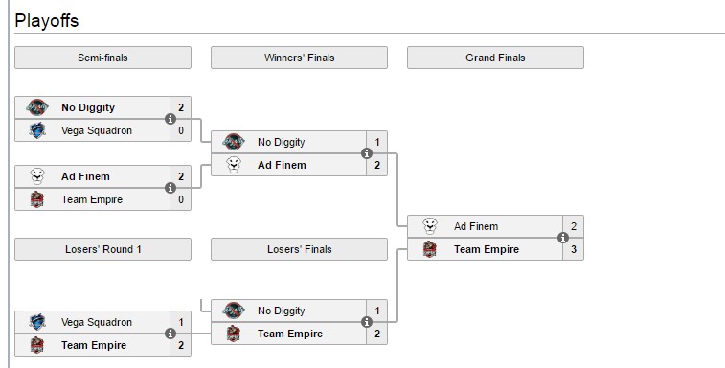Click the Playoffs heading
pos(47,20)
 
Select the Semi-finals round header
pos(102,57)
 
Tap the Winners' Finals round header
pos(299,57)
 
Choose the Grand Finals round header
pos(495,57)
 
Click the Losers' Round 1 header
pos(102,249)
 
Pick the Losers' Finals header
pos(299,249)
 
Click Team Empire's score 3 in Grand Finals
pos(573,249)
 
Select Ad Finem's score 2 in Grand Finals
pos(573,226)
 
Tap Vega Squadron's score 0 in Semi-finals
pos(180,130)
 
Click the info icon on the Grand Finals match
pos(563,238)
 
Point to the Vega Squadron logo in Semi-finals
pos(36,130)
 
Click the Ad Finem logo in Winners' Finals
pos(233,165)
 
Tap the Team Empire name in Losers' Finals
pos(290,333)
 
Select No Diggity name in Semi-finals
pos(87,107)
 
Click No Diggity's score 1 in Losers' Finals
pos(376,310)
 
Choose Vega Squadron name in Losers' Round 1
pos(97,322)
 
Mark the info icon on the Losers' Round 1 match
pos(170,333)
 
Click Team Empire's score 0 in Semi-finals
pos(180,199)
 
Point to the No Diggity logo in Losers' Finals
pos(233,310)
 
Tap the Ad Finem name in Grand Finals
pos(475,226)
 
